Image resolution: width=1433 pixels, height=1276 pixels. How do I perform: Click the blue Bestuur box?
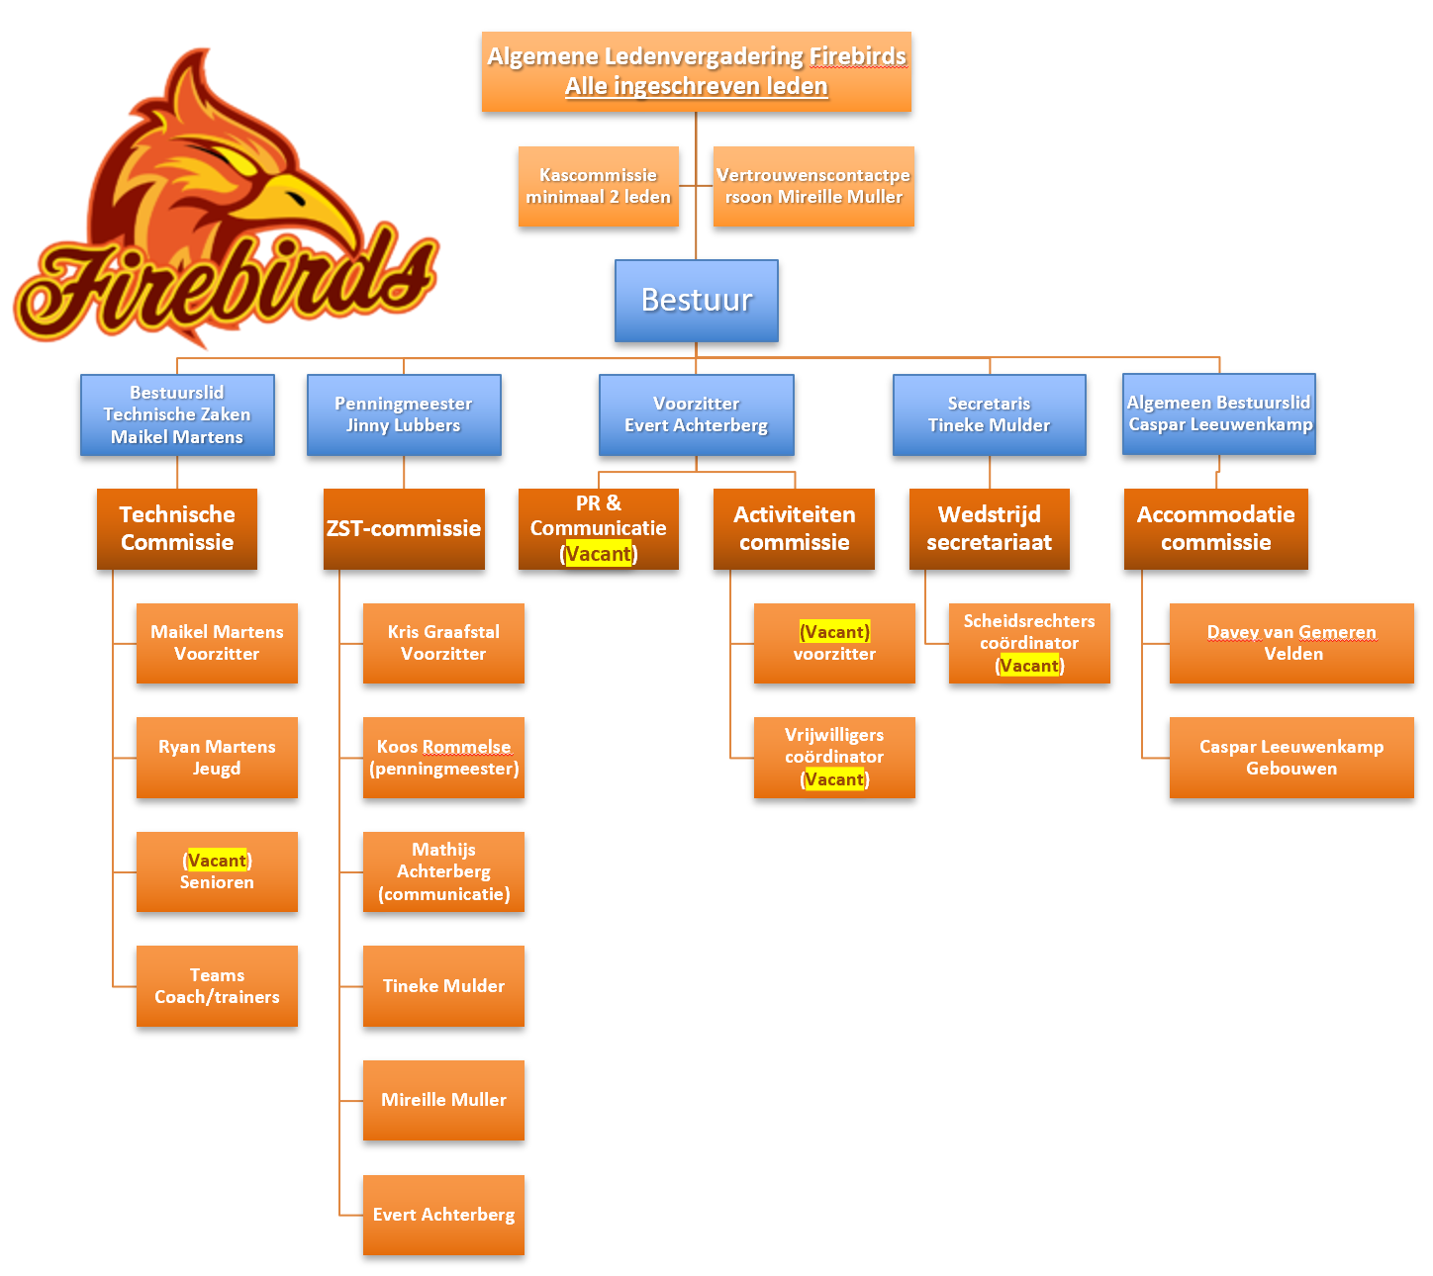click(696, 301)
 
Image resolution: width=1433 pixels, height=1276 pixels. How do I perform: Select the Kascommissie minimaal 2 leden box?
click(598, 187)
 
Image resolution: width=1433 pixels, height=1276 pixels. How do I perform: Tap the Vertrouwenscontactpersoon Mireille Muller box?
click(812, 187)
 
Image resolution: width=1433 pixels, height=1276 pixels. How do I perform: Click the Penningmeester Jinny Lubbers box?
click(404, 414)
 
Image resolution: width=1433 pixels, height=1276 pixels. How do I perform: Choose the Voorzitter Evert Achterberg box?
click(696, 414)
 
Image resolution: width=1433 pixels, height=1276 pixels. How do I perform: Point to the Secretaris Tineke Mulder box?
click(989, 414)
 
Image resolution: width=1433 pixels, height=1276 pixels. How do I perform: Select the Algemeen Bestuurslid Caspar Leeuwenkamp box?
click(1218, 413)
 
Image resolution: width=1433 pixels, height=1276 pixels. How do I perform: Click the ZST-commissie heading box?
click(404, 528)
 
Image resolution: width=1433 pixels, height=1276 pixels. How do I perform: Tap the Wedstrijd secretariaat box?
click(989, 528)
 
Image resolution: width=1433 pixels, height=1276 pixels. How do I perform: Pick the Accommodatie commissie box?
click(1215, 528)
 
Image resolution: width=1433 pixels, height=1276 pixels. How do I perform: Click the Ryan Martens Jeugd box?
click(217, 758)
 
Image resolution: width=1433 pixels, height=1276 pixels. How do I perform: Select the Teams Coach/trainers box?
click(217, 986)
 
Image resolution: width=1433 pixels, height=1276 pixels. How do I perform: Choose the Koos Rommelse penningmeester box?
click(443, 758)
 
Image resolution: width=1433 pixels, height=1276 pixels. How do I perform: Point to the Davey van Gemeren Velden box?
click(1291, 643)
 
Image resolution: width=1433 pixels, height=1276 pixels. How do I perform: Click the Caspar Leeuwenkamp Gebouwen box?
click(1291, 758)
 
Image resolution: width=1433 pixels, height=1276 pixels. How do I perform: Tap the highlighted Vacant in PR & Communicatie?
click(599, 554)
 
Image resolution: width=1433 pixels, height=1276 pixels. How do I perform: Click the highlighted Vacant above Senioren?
click(217, 861)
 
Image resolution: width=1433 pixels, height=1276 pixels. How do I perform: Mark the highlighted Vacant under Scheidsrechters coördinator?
click(1029, 666)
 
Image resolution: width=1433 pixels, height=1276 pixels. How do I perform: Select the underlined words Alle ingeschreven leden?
click(696, 86)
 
